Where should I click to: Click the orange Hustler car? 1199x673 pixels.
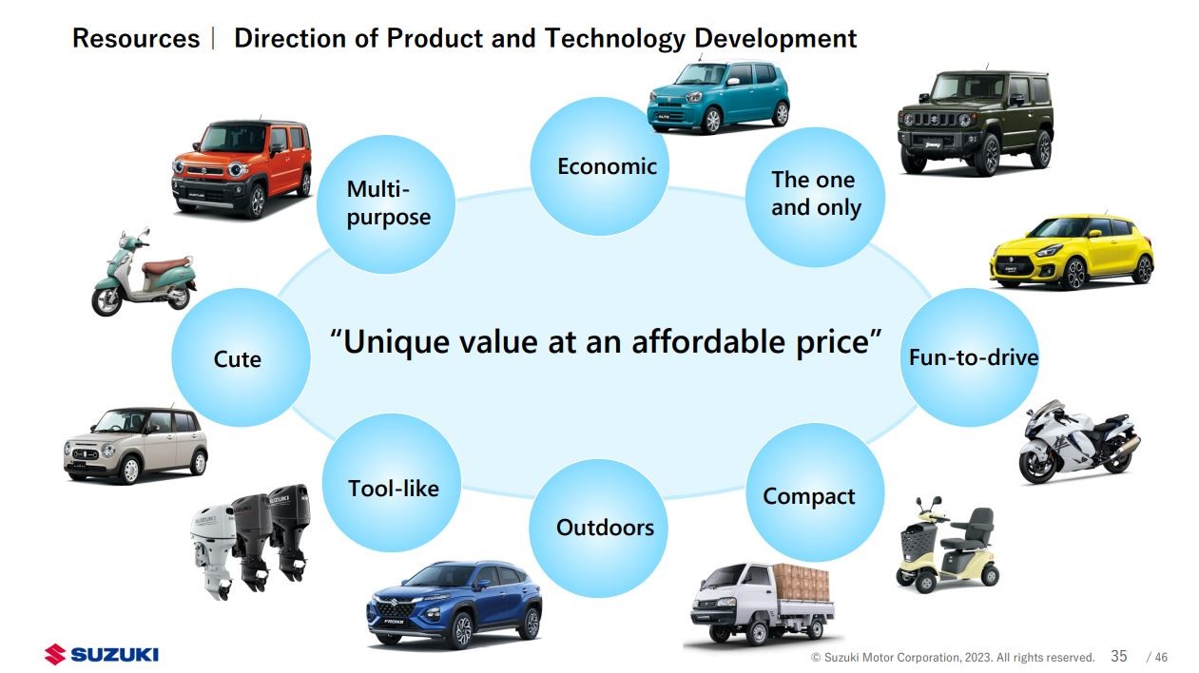(242, 168)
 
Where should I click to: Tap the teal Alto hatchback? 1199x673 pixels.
(718, 97)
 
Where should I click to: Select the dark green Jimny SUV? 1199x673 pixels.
(976, 123)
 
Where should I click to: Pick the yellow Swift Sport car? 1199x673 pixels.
(1072, 252)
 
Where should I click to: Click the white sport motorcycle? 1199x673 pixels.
(1079, 441)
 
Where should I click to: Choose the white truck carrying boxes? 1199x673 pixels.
(763, 604)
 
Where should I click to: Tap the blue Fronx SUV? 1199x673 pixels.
(454, 605)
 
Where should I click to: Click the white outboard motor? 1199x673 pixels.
(213, 556)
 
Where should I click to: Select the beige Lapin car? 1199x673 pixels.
(135, 446)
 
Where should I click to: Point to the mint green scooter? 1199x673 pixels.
(144, 272)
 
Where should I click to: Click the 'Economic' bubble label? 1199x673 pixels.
(607, 166)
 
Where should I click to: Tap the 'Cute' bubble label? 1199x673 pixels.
(237, 359)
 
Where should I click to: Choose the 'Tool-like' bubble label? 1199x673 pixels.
(394, 489)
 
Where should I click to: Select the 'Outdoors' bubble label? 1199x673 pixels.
(605, 528)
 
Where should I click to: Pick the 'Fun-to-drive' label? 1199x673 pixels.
(974, 357)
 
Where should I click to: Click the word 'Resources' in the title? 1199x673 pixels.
(136, 39)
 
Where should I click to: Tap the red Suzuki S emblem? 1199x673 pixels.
(55, 654)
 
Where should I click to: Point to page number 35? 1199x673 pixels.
(1119, 656)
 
